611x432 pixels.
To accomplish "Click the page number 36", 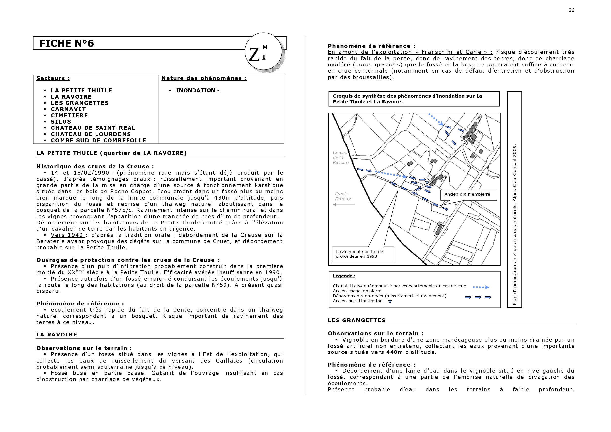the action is (571, 10).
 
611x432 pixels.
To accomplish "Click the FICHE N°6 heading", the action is (66, 43).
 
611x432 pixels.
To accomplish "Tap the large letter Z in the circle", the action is (254, 54).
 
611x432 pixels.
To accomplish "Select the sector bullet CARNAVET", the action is (68, 109).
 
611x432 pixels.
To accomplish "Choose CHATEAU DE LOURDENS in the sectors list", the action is (91, 134).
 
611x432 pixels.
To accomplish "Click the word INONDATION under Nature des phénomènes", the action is (196, 91).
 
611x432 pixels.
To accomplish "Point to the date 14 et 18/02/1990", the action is (80, 173).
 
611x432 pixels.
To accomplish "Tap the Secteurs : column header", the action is (53, 78).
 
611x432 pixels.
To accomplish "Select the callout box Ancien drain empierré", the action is (469, 195).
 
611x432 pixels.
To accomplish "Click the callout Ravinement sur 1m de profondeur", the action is (363, 254).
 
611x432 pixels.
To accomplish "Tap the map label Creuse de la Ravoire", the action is (341, 158).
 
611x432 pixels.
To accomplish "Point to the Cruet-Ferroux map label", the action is (343, 196).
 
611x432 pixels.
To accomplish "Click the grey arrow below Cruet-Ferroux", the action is (344, 204).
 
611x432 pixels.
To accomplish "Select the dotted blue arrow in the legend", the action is (481, 287).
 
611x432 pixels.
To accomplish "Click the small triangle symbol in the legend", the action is (390, 302).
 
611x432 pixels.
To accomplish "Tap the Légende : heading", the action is (344, 276).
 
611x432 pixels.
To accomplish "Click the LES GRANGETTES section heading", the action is (357, 320).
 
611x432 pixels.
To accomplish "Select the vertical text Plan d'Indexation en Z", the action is (515, 225).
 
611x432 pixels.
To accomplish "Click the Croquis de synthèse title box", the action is (414, 99).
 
